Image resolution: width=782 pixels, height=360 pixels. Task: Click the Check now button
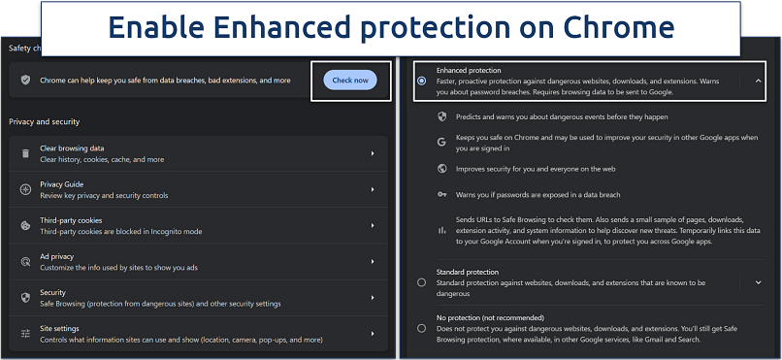[350, 81]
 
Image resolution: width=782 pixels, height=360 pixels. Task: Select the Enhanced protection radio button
[421, 82]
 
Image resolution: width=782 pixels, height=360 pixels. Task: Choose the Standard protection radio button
[421, 282]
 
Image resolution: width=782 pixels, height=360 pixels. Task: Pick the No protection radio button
[421, 328]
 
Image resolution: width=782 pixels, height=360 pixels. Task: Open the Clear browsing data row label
[73, 149]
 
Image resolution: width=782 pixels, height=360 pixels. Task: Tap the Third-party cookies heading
[71, 220]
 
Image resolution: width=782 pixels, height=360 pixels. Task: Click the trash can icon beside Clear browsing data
[25, 154]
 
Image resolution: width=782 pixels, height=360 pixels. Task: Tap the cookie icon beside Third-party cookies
[25, 226]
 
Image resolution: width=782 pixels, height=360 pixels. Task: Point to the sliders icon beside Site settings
[25, 334]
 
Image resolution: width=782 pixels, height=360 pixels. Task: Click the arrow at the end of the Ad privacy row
[373, 262]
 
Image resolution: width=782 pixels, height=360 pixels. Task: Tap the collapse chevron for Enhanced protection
[758, 82]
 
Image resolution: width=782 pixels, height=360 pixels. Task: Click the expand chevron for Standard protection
[758, 282]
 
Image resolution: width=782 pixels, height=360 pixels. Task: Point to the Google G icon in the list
[441, 142]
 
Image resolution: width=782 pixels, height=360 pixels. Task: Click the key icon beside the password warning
[441, 195]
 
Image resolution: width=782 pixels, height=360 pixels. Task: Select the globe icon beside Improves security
[441, 169]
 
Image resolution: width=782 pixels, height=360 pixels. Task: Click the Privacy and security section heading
[44, 121]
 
